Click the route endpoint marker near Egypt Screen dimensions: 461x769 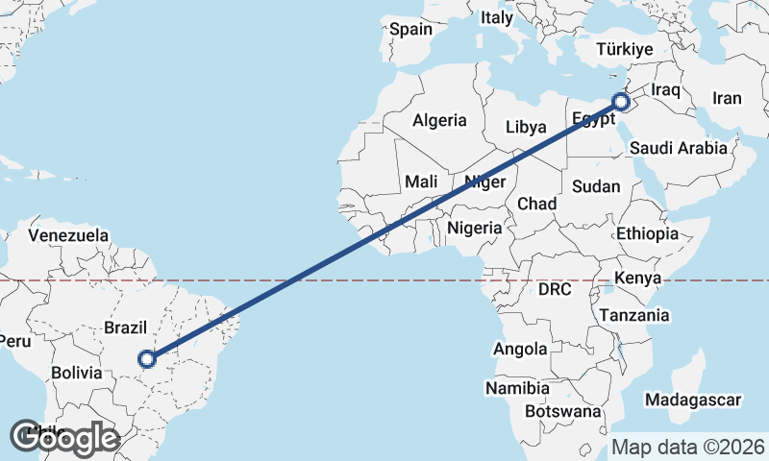620,100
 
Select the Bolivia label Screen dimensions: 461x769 77,372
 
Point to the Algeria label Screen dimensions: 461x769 439,121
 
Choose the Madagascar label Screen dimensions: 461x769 693,400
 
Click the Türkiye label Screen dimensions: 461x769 624,49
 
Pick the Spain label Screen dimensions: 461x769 410,29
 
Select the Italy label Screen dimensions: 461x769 497,17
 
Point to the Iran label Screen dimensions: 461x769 727,98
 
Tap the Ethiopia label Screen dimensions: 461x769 648,233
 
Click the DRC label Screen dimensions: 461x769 555,289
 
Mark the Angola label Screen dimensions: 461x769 520,350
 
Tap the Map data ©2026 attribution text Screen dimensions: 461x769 687,447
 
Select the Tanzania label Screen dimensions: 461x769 633,315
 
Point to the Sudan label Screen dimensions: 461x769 595,186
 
